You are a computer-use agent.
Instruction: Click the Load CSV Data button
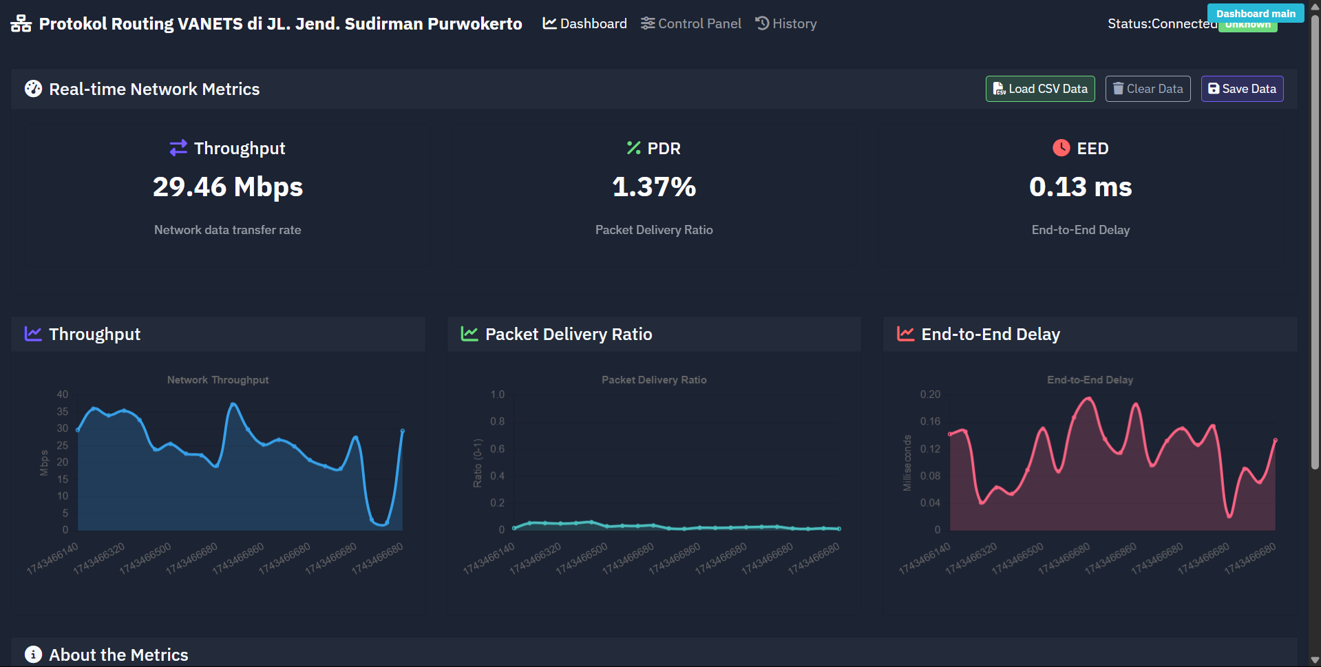coord(1039,89)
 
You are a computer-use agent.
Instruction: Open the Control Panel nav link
coord(691,23)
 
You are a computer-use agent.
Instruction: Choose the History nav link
coord(786,23)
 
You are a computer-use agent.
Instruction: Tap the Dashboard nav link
coord(585,23)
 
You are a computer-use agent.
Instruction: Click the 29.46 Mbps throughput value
coord(228,187)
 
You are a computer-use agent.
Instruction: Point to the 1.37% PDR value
coord(654,187)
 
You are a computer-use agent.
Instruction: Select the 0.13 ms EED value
coord(1080,187)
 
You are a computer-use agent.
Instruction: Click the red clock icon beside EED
coord(1061,148)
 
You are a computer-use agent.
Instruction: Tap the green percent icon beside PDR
coord(633,148)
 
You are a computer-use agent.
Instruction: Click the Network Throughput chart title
coord(218,380)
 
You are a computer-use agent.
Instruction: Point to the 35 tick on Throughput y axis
coord(63,412)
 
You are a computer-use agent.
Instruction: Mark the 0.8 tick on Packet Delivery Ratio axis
coord(497,421)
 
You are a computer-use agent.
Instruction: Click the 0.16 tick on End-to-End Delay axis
coord(929,421)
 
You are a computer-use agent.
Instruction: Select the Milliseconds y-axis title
coord(907,463)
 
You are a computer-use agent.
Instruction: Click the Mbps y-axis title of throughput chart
coord(44,463)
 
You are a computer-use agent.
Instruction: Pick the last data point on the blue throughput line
coord(403,431)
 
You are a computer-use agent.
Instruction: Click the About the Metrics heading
coord(118,655)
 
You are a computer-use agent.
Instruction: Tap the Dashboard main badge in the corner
coord(1255,13)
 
